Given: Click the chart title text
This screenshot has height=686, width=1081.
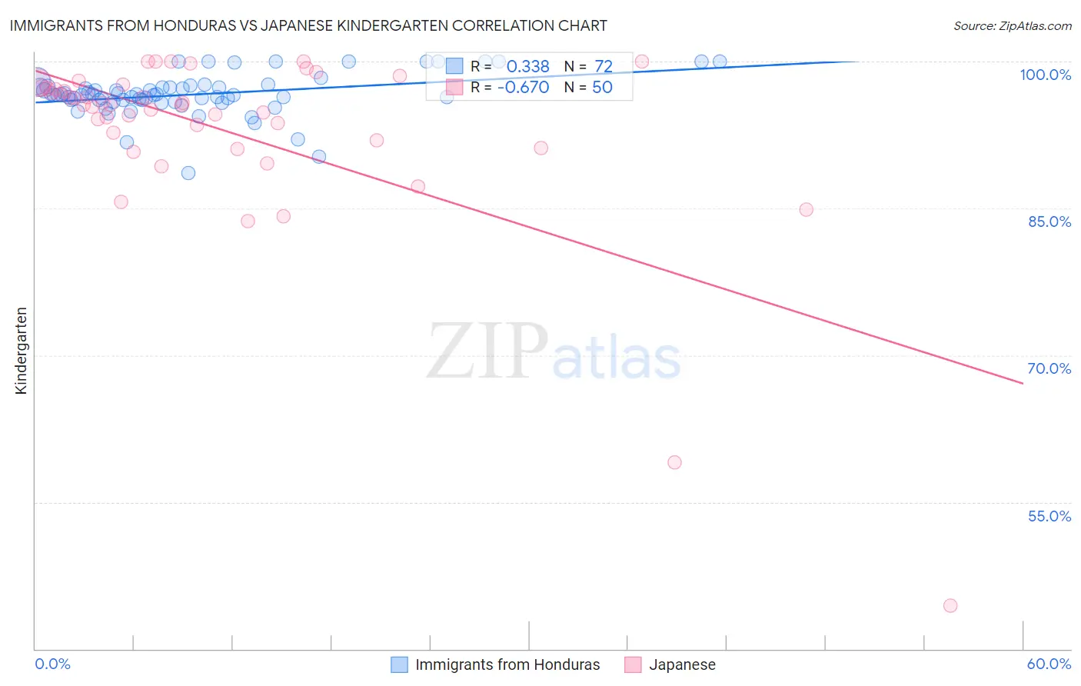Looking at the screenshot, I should (308, 25).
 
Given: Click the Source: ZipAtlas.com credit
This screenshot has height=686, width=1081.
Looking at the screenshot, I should (1012, 25).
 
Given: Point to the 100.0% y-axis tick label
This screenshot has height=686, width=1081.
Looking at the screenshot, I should (1045, 75).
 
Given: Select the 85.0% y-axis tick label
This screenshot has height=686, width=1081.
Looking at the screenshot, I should (1049, 221).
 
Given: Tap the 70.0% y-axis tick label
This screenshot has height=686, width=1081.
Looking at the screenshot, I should (1049, 368).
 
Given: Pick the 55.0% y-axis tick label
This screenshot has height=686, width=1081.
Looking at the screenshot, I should (1049, 516).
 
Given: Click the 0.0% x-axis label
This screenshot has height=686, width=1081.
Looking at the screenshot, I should (52, 664).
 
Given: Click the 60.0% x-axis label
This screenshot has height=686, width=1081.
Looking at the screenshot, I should (1049, 664).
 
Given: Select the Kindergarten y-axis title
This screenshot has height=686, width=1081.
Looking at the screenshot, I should (21, 351).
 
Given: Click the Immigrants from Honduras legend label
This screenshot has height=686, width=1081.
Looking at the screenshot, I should (507, 664).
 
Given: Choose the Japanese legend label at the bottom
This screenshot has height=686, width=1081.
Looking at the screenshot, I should (682, 664).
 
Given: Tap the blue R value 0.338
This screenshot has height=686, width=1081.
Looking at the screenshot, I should (528, 66).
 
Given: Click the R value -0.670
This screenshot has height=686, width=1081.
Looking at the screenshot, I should (523, 88).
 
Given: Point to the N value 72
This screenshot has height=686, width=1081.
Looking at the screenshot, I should (604, 66).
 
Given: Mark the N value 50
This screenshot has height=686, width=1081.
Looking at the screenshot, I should (602, 88).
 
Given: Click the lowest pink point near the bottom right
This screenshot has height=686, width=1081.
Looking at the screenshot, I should (950, 605).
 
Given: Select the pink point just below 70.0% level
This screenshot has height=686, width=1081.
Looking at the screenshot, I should (674, 462).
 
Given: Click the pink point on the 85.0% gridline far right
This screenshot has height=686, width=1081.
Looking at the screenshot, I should (806, 209).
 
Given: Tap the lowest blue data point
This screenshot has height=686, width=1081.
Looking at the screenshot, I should (188, 173).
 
